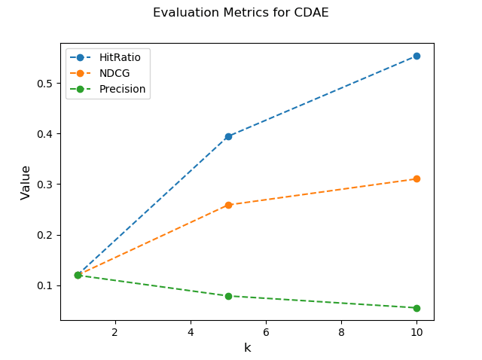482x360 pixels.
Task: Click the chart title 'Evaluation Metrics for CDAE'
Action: click(x=241, y=13)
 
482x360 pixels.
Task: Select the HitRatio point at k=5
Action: click(x=228, y=136)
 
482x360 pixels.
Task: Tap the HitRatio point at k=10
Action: click(x=416, y=56)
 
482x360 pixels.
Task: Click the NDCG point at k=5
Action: click(x=228, y=205)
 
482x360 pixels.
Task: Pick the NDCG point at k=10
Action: click(x=416, y=178)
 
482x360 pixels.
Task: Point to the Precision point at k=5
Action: click(x=228, y=296)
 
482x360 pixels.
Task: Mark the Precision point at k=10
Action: click(x=416, y=308)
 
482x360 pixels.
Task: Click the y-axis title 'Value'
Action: click(x=26, y=182)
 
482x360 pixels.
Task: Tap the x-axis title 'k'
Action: click(x=247, y=347)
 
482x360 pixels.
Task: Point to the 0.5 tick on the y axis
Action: click(x=46, y=84)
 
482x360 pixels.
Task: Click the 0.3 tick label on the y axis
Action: click(x=46, y=185)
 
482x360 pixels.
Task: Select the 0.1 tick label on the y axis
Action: click(x=46, y=285)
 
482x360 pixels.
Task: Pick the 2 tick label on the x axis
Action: click(x=115, y=331)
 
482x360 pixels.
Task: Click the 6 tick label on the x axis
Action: click(x=266, y=331)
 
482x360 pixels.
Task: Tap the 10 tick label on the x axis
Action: click(x=416, y=331)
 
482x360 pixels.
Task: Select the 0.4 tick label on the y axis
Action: click(x=46, y=134)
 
